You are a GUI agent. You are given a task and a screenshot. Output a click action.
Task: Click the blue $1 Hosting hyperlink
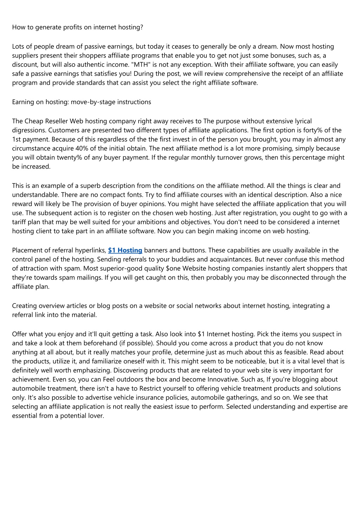click(x=125, y=250)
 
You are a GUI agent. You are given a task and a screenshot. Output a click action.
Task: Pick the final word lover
click(x=96, y=416)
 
